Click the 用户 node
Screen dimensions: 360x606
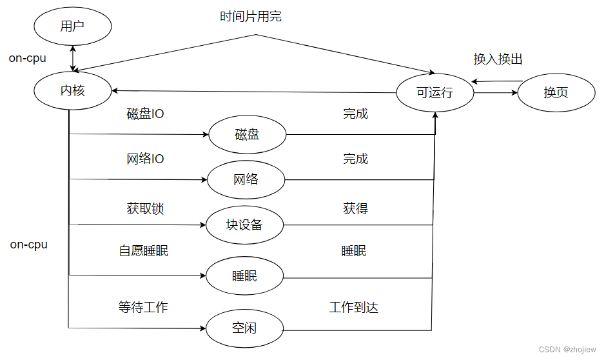[73, 26]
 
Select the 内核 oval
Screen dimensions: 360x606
[73, 90]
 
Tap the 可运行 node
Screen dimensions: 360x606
[435, 92]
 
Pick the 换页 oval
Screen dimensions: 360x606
[556, 92]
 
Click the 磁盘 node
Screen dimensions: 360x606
[247, 134]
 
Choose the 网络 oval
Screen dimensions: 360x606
[246, 179]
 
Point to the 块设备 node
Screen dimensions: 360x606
[244, 225]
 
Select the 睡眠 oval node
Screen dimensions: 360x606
[244, 276]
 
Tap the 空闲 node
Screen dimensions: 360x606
[244, 328]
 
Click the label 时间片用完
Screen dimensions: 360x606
[251, 17]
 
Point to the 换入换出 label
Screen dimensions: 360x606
[498, 59]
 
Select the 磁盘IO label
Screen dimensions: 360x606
[145, 114]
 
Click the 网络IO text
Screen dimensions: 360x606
[145, 159]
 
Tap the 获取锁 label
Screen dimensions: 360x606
[145, 209]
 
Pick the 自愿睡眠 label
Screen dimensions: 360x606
[144, 251]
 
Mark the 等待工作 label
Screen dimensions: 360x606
[143, 307]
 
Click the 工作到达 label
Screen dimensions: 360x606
[353, 307]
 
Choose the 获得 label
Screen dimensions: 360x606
[355, 209]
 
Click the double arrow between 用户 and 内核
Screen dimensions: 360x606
[73, 57]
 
